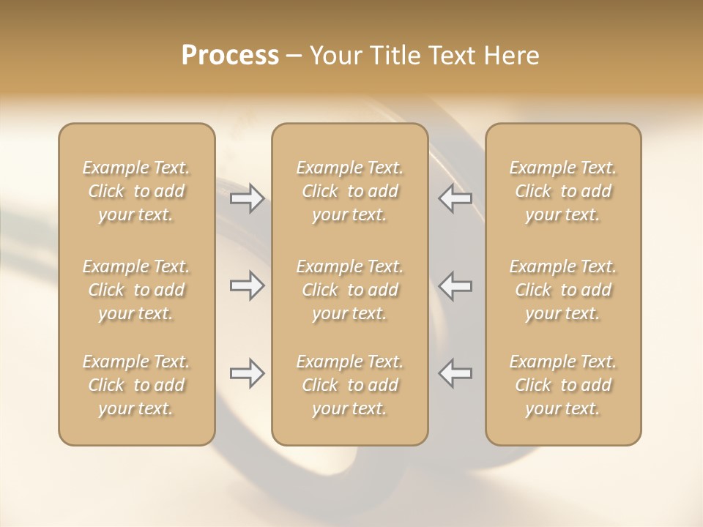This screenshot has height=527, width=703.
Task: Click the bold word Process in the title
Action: coord(230,56)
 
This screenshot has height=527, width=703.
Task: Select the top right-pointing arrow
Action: coord(248,198)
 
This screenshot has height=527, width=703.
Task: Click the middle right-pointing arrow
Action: coord(248,285)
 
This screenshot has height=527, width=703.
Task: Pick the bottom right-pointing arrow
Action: coord(248,373)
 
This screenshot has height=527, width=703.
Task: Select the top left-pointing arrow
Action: coord(455,198)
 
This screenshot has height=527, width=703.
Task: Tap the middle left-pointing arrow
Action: coord(455,285)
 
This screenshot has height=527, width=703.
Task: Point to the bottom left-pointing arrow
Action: coord(455,373)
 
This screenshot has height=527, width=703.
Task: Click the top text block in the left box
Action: coord(136,191)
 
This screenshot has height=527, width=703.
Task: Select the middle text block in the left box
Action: coord(136,290)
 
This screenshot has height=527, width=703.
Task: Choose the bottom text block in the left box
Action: coord(136,385)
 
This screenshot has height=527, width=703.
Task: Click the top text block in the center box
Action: coord(349,191)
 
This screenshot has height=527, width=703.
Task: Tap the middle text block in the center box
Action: coord(349,290)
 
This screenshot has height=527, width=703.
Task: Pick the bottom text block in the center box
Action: coord(349,385)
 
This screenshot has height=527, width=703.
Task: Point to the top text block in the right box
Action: coord(562,191)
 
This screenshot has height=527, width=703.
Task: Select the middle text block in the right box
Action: coord(562,290)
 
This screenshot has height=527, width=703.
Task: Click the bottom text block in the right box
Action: coord(562,385)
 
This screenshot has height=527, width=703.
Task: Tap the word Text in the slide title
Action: coord(455,56)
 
